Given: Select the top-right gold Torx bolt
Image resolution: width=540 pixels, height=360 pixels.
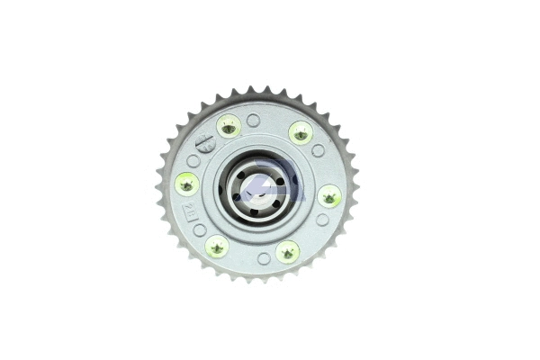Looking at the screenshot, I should [300, 132].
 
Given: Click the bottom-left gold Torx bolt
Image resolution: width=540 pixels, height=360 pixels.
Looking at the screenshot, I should [216, 245].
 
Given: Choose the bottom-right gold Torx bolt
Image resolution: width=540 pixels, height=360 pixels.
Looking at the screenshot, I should [287, 251].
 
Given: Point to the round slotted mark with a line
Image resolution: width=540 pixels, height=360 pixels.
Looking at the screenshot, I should [206, 142].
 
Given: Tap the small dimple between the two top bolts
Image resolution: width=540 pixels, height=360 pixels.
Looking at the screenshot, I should [253, 121].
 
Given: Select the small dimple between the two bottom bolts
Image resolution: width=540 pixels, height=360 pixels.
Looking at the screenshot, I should [264, 258].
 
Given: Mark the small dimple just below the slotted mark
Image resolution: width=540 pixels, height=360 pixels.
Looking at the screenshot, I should [193, 161].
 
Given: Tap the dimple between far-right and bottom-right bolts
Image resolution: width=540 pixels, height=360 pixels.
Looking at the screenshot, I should [321, 219].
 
